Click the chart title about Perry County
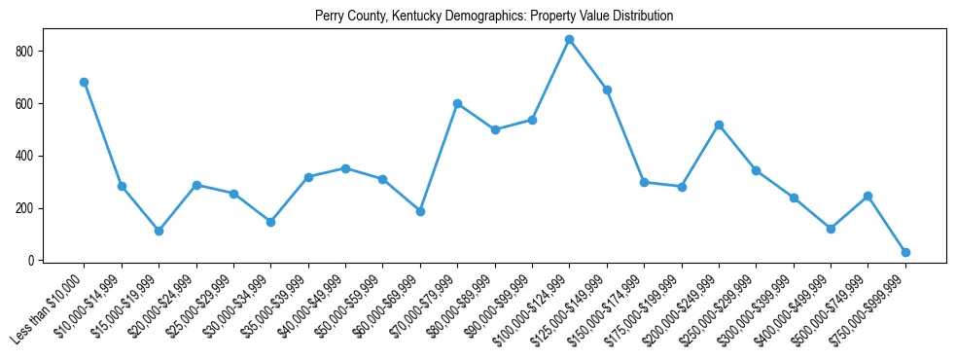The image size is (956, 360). (x=494, y=17)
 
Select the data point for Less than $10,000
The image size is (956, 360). (x=85, y=82)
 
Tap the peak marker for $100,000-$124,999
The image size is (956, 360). (x=569, y=40)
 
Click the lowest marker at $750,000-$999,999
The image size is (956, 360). (x=905, y=252)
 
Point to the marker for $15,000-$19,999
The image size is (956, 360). (x=159, y=231)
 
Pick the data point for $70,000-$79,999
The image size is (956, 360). (x=457, y=103)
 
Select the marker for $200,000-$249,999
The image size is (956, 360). (x=719, y=125)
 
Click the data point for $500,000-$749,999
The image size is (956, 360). (x=867, y=196)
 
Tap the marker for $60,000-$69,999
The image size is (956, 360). (x=420, y=211)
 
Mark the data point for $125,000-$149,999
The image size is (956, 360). (x=607, y=90)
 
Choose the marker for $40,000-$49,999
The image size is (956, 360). (x=345, y=168)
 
